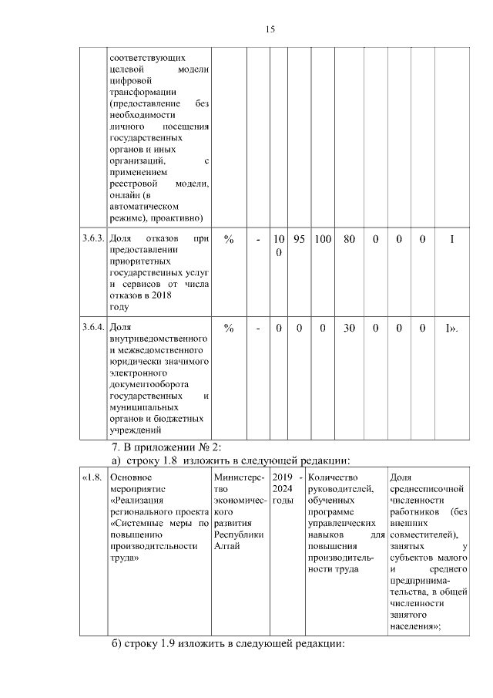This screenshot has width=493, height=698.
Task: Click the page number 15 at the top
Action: pyautogui.click(x=270, y=29)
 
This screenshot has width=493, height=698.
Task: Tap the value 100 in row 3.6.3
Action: pyautogui.click(x=322, y=240)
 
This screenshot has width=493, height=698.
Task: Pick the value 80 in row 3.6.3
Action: pyautogui.click(x=349, y=240)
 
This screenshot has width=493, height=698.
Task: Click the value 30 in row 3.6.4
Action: pyautogui.click(x=349, y=328)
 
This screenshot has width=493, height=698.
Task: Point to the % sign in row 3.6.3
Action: pyautogui.click(x=229, y=240)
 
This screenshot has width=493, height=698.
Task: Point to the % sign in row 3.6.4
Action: pyautogui.click(x=229, y=328)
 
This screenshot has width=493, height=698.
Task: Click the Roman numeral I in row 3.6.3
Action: pyautogui.click(x=452, y=240)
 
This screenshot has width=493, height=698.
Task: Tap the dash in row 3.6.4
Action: pyautogui.click(x=258, y=328)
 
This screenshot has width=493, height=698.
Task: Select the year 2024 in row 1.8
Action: pyautogui.click(x=283, y=488)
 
